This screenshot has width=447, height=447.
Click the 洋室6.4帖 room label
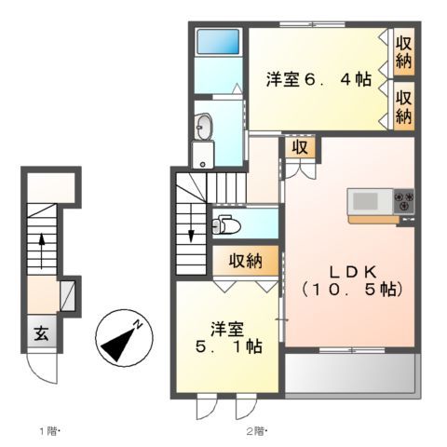point(318,80)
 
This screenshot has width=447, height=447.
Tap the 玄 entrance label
point(42,334)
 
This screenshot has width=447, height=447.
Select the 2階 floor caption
point(256,430)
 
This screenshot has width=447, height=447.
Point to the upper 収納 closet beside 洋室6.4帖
point(403,52)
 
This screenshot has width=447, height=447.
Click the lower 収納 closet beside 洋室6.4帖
point(403,104)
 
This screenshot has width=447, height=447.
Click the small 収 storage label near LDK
point(300,148)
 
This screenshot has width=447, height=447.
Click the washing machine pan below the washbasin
point(203,155)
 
